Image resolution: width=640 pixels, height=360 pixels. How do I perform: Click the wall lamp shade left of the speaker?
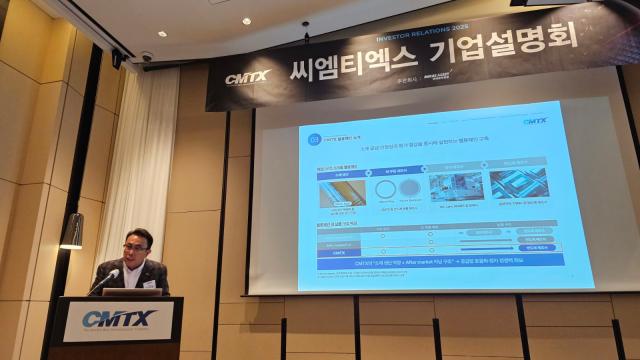71,231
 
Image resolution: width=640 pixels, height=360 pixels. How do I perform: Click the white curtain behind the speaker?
150,170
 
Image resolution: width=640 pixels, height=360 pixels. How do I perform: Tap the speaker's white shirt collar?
138,267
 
